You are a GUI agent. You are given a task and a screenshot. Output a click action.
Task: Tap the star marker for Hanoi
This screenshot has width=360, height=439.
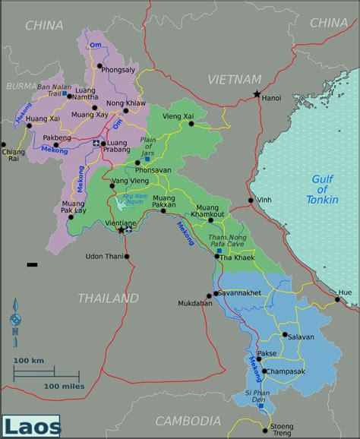pyautogui.click(x=255, y=94)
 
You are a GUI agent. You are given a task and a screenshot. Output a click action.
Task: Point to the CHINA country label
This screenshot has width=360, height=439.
pyautogui.click(x=44, y=26)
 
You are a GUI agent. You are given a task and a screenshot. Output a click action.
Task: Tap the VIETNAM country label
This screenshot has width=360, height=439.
pyautogui.click(x=235, y=79)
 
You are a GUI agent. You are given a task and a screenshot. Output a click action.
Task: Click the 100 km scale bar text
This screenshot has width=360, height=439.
pyautogui.click(x=29, y=359)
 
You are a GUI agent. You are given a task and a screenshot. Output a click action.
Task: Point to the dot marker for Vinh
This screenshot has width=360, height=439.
pyautogui.click(x=251, y=201)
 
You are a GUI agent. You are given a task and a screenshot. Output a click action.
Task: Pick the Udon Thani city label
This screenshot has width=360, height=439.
pyautogui.click(x=105, y=256)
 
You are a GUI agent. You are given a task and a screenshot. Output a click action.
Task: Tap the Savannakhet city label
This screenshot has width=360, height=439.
pyautogui.click(x=238, y=292)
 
